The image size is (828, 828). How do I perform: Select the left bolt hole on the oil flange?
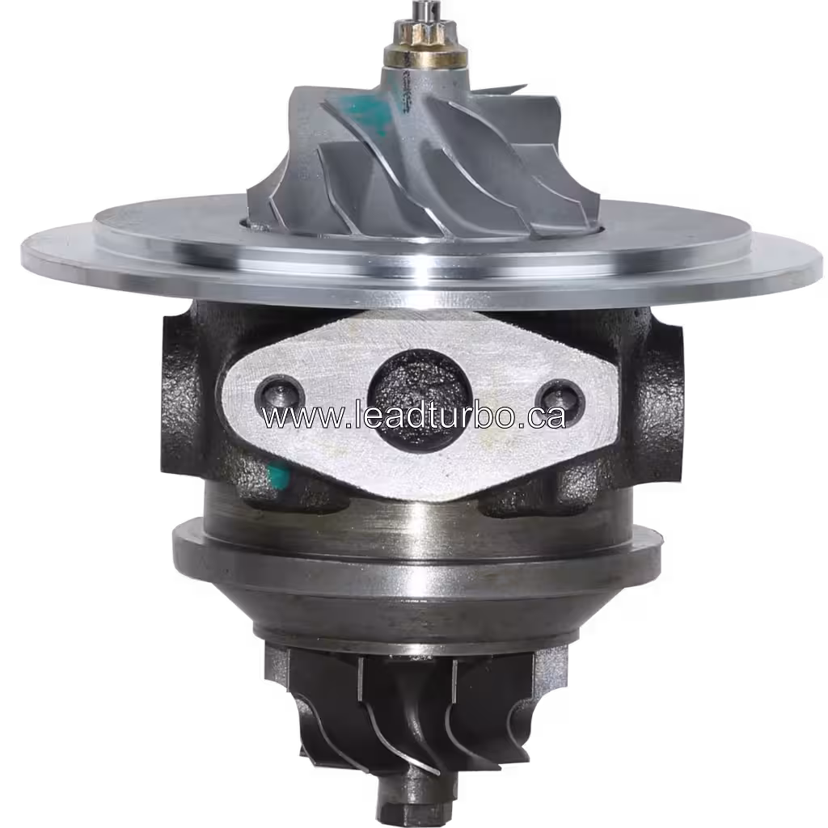tap(280, 395)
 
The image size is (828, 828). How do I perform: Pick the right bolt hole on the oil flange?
tap(559, 397)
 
